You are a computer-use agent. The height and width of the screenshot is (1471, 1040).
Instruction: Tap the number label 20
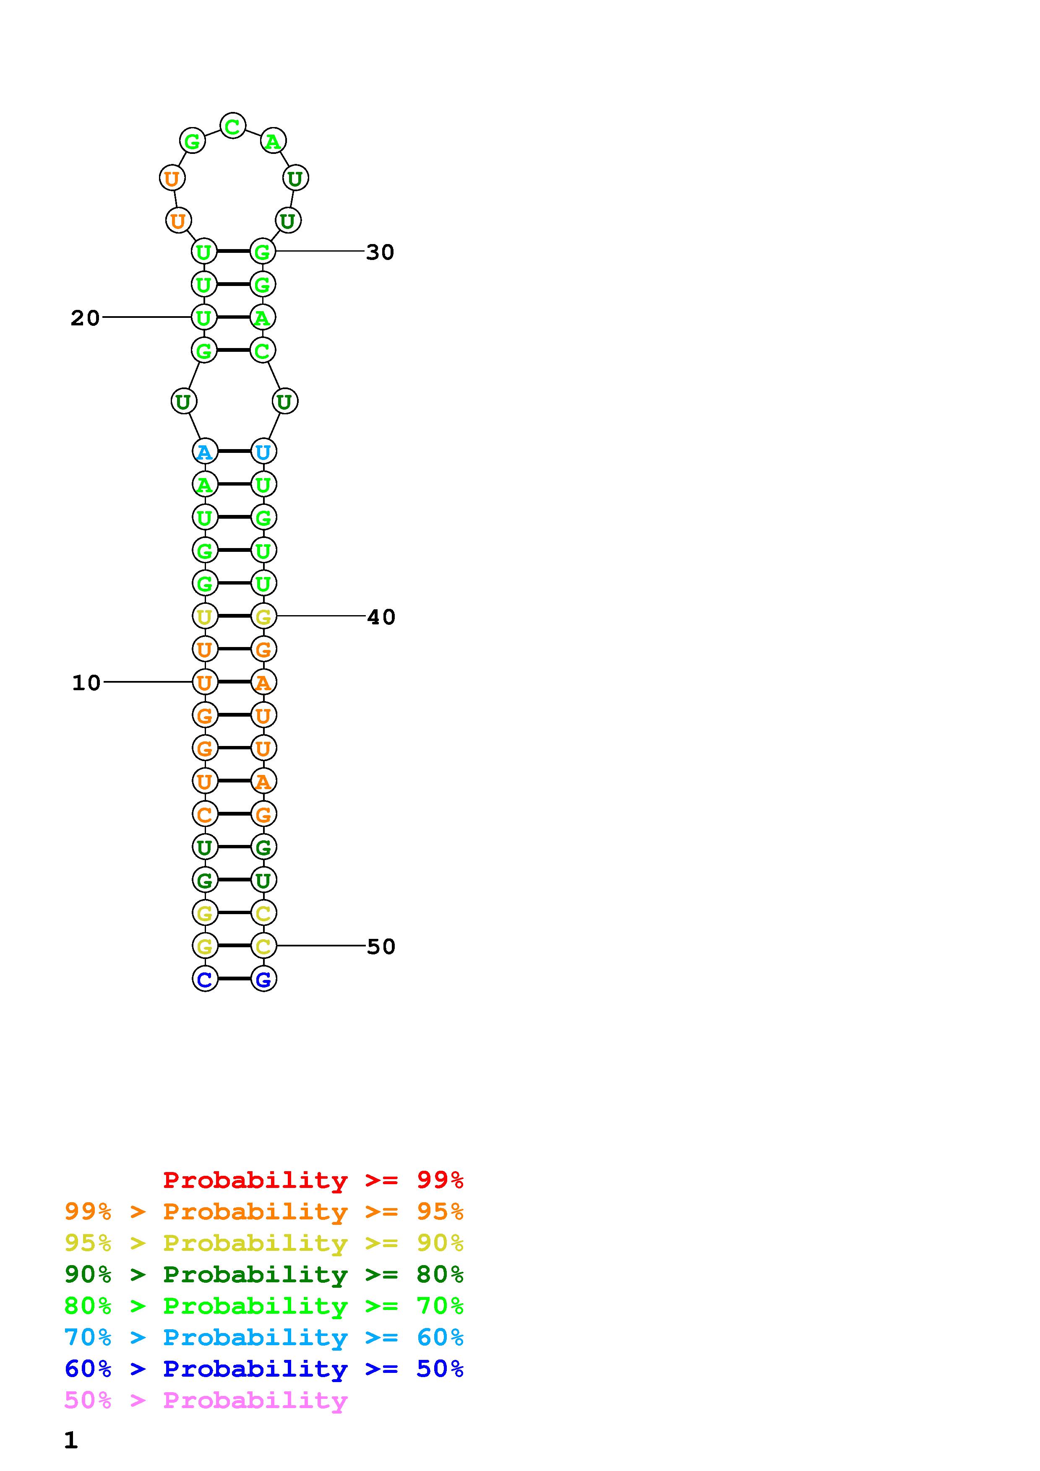point(85,318)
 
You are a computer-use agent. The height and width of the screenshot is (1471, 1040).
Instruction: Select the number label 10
point(86,683)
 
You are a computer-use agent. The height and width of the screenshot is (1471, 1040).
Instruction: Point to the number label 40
point(381,617)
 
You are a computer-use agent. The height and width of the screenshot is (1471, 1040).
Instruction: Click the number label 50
point(381,946)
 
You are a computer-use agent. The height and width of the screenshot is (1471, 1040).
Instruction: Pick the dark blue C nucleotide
point(204,979)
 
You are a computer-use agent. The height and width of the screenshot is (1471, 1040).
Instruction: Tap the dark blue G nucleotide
point(263,979)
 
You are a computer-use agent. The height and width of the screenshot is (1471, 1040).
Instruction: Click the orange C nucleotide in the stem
point(204,814)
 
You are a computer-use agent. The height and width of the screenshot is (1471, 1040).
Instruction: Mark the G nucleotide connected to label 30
point(262,251)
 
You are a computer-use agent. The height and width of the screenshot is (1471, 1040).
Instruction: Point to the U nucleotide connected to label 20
point(204,317)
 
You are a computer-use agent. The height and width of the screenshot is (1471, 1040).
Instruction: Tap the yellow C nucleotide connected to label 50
point(263,946)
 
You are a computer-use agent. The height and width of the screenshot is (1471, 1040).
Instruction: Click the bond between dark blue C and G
point(234,979)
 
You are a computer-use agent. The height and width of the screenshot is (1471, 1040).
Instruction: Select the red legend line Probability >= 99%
point(313,1180)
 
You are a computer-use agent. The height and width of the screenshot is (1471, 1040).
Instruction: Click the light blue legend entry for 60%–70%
point(263,1337)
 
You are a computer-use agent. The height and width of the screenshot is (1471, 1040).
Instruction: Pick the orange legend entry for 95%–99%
point(263,1211)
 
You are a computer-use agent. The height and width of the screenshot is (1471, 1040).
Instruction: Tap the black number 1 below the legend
point(70,1440)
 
